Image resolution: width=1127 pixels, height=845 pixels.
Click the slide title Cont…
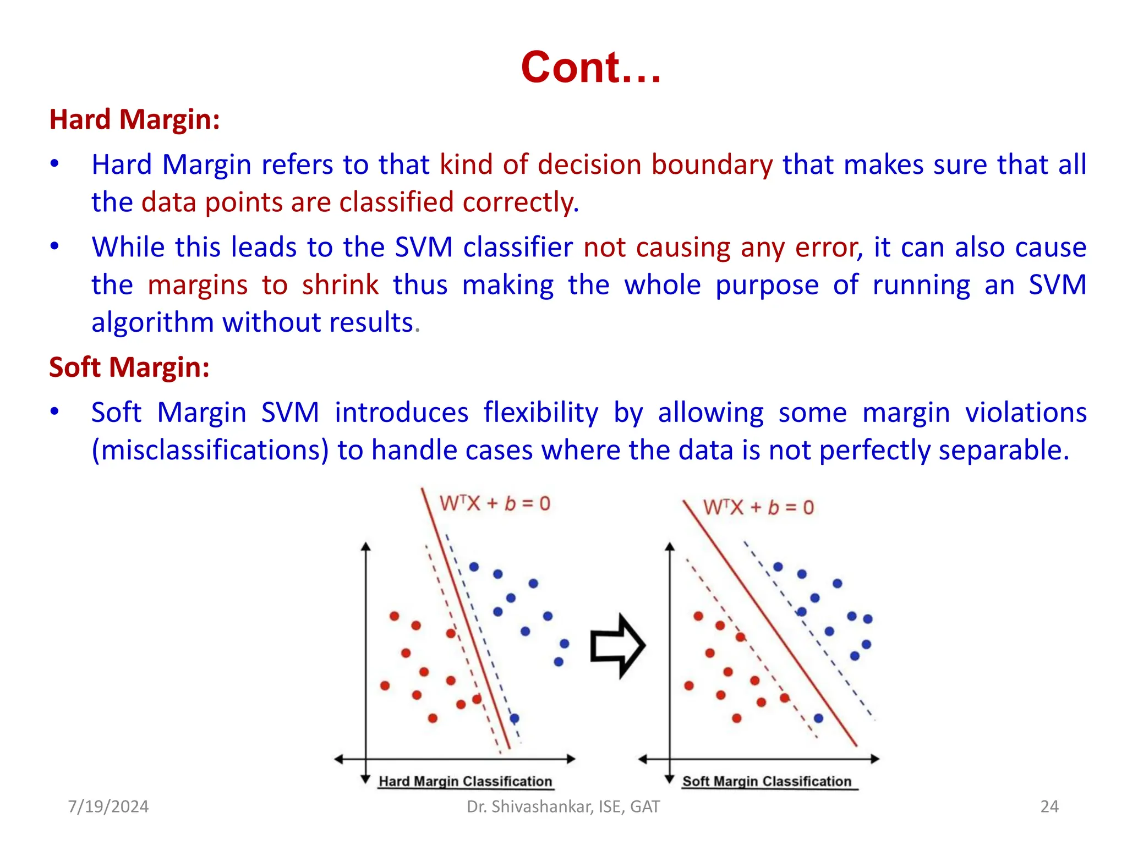(x=590, y=67)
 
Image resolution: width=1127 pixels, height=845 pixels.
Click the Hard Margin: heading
(x=135, y=119)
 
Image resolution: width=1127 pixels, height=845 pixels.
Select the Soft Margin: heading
(x=129, y=367)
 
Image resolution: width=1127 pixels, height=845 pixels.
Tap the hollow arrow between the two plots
(x=617, y=646)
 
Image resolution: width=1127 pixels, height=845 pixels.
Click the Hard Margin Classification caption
(x=465, y=781)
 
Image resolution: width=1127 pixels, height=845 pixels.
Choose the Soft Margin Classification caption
(x=767, y=781)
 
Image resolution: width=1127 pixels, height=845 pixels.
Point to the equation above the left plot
(x=495, y=503)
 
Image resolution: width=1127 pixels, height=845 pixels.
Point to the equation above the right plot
(x=758, y=507)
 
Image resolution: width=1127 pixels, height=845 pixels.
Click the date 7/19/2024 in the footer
(x=108, y=806)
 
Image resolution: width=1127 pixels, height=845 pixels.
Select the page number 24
(x=1049, y=806)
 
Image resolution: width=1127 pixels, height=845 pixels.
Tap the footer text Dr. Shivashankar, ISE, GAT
(x=563, y=806)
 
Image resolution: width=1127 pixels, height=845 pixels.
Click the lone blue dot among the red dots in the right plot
(x=818, y=718)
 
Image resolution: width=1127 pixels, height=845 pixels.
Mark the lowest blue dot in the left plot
(x=515, y=718)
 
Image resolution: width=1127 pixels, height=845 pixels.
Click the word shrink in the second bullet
(x=340, y=285)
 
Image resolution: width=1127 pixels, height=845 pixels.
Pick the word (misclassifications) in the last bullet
(x=210, y=450)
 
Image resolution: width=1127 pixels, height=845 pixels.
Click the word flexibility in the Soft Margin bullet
(x=541, y=413)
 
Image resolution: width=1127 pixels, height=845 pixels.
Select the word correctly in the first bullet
(x=520, y=202)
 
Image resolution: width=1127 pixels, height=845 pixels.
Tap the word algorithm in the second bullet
(x=152, y=322)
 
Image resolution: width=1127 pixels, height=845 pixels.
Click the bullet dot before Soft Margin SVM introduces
(x=54, y=411)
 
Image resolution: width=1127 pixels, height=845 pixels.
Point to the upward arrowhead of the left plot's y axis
(x=366, y=546)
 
